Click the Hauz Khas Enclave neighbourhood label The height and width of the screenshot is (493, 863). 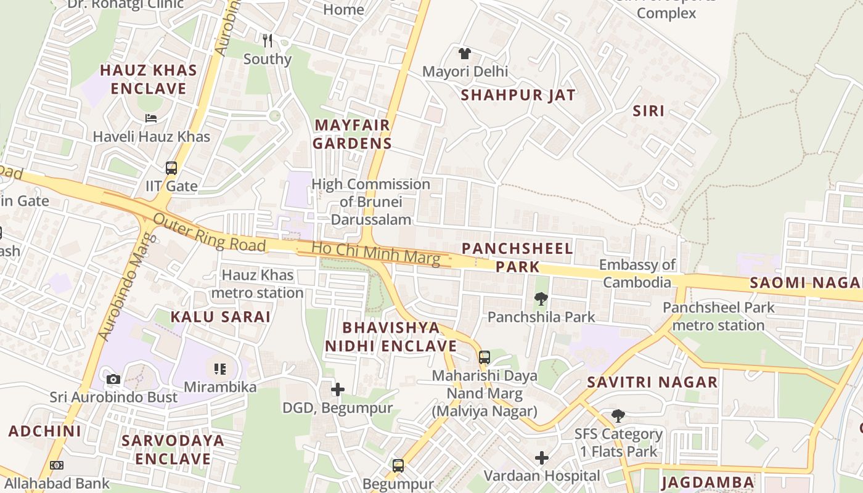pos(149,79)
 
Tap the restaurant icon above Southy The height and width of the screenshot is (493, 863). pos(267,41)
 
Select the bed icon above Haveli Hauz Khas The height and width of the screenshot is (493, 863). pos(151,118)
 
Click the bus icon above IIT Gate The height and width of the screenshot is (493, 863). pos(171,168)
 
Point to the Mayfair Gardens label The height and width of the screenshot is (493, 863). pos(352,134)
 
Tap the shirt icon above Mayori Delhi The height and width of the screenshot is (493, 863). pos(465,54)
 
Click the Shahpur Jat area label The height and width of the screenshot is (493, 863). pos(518,95)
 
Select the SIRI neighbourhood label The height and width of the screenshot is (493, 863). pos(648,111)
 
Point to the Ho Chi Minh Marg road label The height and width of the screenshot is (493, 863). pos(376,253)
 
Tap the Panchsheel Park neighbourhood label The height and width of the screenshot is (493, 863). pos(517,258)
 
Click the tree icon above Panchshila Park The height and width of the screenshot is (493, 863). pos(541,299)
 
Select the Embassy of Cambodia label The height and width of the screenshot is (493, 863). pos(637,274)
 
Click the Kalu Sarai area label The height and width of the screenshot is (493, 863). pos(221,317)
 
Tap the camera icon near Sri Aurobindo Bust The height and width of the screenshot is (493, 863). pos(113,379)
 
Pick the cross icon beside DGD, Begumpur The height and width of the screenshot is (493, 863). pos(338,389)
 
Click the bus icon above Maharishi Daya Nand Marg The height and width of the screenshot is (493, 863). pos(485,357)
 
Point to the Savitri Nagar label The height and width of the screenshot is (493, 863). pos(652,382)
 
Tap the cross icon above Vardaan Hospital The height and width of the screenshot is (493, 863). pos(541,457)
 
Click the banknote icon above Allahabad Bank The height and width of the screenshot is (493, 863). pos(56,465)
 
